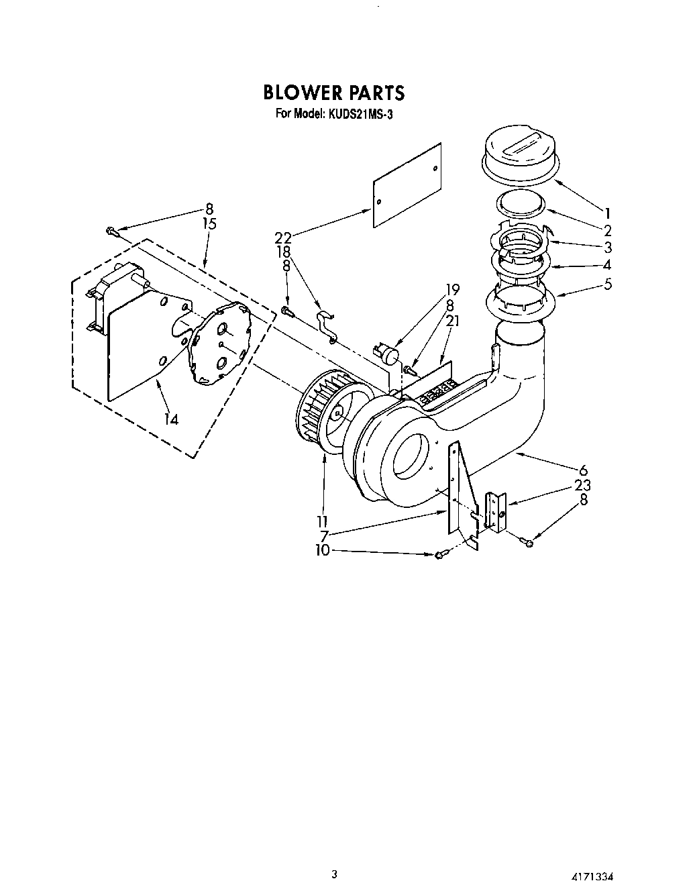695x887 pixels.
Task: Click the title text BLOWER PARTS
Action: click(x=333, y=92)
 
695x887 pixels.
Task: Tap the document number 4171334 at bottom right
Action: click(x=590, y=876)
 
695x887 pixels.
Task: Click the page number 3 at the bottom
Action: click(x=334, y=874)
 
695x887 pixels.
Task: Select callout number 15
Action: click(x=209, y=223)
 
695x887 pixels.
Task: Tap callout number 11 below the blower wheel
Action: click(x=323, y=521)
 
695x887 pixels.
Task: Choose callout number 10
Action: click(x=323, y=550)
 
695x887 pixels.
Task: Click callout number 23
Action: click(x=582, y=484)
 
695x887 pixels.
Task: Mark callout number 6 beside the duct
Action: click(x=583, y=470)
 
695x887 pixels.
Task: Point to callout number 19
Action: click(x=452, y=290)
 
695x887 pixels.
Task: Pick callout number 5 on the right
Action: click(x=607, y=283)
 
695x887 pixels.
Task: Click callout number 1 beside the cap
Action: click(x=607, y=213)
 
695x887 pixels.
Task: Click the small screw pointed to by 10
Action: click(x=440, y=554)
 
